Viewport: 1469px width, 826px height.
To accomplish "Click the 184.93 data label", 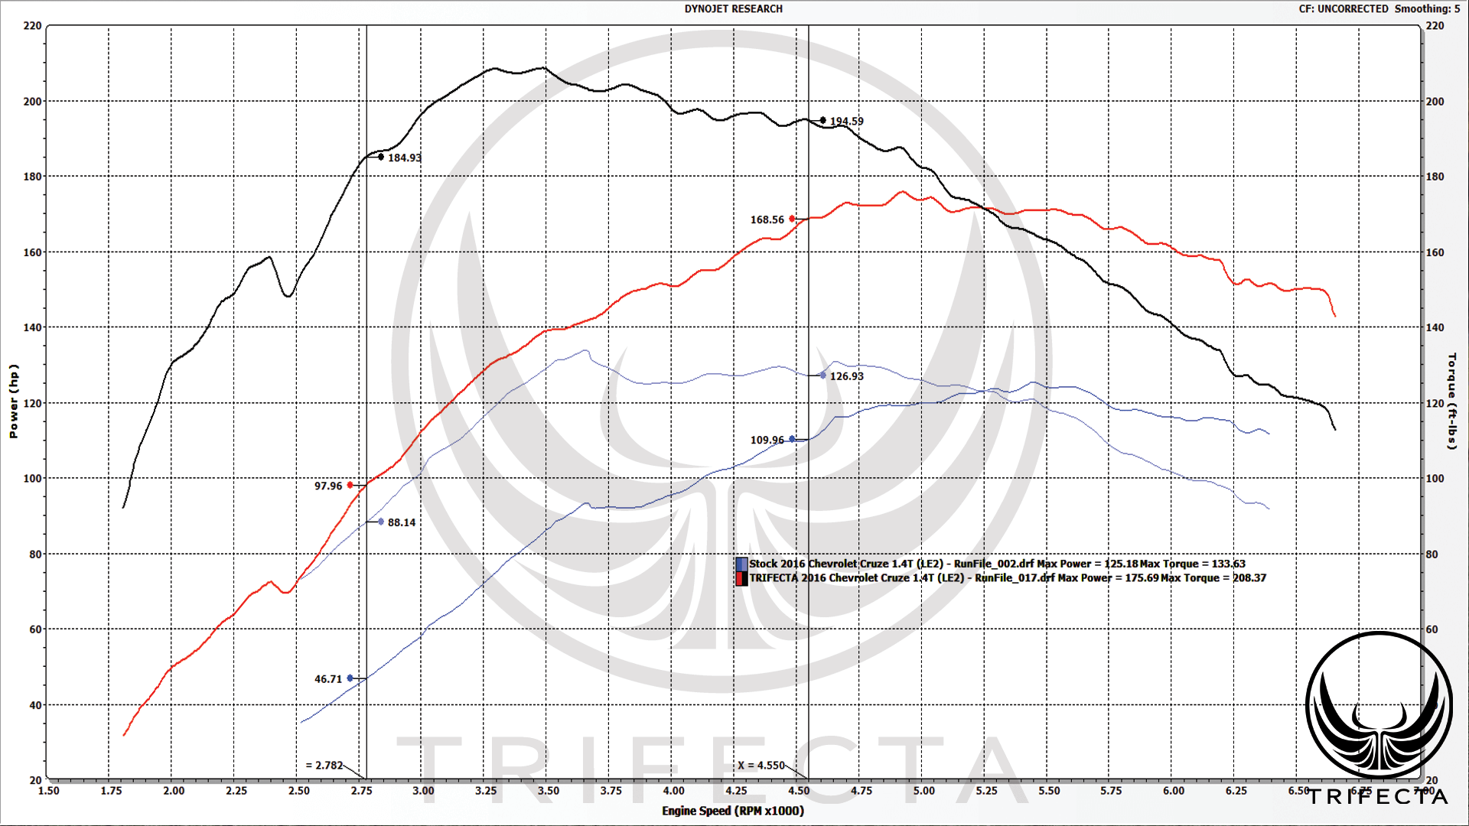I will pos(404,158).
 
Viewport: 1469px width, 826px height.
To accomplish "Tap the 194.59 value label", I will pos(846,121).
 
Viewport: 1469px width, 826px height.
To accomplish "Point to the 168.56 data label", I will pos(767,220).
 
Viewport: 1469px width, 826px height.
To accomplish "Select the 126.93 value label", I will pos(846,376).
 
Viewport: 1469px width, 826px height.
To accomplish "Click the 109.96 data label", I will pos(767,440).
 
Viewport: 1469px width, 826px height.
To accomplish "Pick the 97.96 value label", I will pos(328,486).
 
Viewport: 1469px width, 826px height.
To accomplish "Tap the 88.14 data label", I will pos(402,522).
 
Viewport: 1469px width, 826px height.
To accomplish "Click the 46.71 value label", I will pos(328,679).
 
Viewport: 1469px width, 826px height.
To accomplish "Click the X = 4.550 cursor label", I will pos(761,765).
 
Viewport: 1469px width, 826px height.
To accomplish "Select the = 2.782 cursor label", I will pos(324,765).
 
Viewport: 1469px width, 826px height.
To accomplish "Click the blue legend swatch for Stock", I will pos(741,564).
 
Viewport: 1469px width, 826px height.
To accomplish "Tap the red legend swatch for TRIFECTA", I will pos(741,578).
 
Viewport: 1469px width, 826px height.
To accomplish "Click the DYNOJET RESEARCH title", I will pos(733,9).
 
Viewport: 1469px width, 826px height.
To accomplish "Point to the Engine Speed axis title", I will pos(733,811).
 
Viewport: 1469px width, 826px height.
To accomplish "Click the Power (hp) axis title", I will pos(13,402).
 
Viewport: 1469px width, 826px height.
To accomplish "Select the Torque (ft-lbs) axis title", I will pos(1451,402).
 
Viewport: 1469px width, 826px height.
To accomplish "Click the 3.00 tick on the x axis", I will pos(423,791).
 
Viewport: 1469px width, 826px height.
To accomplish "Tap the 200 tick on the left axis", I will pos(33,102).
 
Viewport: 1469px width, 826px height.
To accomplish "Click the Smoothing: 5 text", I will pos(1427,9).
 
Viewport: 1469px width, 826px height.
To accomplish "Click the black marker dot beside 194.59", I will pos(823,120).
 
